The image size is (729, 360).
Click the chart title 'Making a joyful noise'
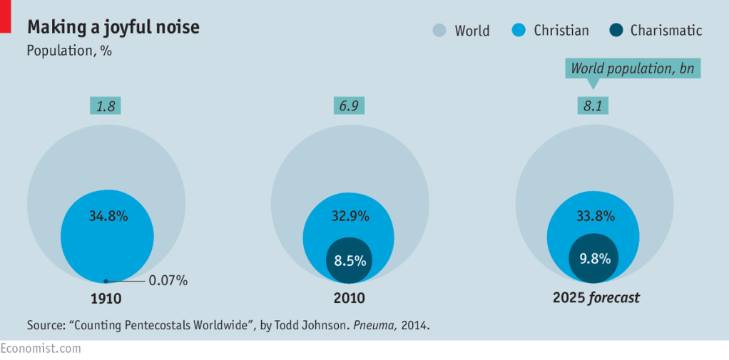tap(113, 27)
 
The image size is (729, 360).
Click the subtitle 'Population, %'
tap(69, 51)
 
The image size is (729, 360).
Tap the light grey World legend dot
tap(439, 30)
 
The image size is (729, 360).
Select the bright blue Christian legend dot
tap(519, 30)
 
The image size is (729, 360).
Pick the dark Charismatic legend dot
tap(616, 30)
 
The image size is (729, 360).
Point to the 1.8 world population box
tap(105, 106)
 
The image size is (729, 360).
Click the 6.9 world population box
tap(349, 106)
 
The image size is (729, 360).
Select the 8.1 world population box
tap(593, 106)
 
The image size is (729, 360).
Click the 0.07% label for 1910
tap(168, 281)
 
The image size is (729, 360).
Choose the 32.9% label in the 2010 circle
tap(350, 216)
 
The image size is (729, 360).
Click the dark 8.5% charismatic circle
tap(350, 260)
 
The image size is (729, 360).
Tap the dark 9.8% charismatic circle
tap(593, 258)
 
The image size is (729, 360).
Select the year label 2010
tap(350, 298)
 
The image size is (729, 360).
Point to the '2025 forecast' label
tap(596, 298)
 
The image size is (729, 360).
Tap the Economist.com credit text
tap(41, 349)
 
